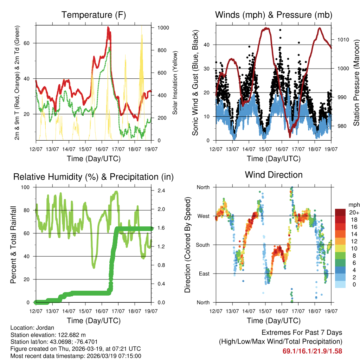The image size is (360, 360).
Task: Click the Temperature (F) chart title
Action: (x=94, y=15)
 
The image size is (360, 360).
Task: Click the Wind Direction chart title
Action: (x=274, y=175)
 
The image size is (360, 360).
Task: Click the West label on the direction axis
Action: (x=203, y=216)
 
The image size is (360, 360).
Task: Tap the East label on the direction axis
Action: (x=204, y=274)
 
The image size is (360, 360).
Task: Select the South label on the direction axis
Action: (x=202, y=245)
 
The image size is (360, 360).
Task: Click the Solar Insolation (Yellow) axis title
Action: (x=175, y=83)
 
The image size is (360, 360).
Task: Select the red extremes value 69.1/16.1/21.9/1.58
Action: (x=312, y=351)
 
